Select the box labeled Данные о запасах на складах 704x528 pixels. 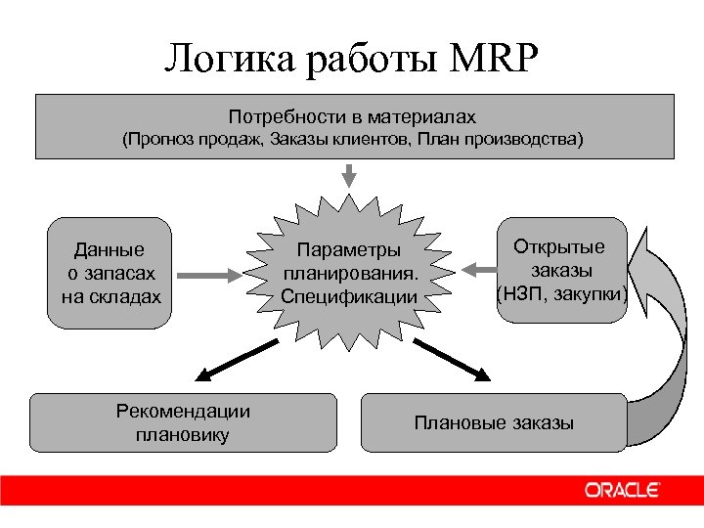pyautogui.click(x=110, y=273)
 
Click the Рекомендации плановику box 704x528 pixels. pyautogui.click(x=183, y=423)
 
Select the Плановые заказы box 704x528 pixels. pyautogui.click(x=494, y=423)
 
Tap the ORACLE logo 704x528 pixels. pyautogui.click(x=623, y=491)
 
